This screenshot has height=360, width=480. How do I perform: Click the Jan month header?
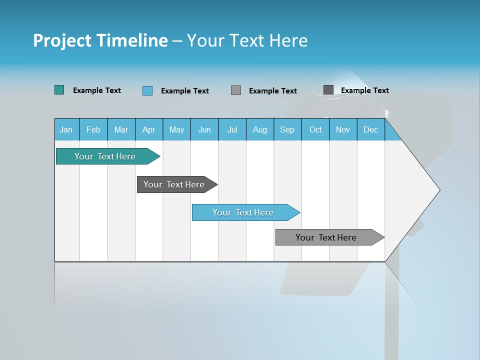[66, 129]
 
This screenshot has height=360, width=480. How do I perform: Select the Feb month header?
[93, 129]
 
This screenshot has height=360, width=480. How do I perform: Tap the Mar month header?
[121, 129]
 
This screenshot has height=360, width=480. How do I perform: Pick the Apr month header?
[148, 129]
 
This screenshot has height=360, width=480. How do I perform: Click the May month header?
[176, 129]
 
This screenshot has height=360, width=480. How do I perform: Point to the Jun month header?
[204, 129]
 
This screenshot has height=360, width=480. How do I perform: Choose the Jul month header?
[232, 129]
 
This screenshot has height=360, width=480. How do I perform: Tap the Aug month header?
[260, 129]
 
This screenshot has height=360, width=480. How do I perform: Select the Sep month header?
[287, 129]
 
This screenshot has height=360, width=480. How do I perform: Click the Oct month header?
[315, 129]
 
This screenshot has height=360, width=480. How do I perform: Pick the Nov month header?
[343, 129]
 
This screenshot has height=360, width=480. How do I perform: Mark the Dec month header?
[371, 129]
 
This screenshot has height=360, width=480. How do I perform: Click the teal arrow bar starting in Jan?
[105, 156]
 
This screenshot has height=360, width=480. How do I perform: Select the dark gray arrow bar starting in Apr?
[174, 184]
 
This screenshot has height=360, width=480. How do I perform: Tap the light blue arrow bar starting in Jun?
[243, 212]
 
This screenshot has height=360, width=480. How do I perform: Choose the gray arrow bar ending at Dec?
[326, 237]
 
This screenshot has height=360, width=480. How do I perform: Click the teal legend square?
[59, 90]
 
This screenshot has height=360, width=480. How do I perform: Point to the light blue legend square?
[147, 90]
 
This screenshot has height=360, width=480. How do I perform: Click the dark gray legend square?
[328, 90]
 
